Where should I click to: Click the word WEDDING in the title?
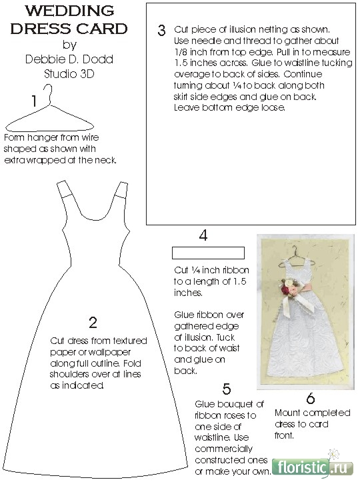click(70, 11)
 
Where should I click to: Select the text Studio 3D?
click(69, 74)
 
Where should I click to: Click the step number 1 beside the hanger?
click(34, 101)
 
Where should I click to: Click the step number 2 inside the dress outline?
click(93, 322)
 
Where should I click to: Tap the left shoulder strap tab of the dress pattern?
click(64, 189)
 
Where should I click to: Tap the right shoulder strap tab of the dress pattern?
click(121, 189)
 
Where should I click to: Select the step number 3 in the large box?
click(161, 31)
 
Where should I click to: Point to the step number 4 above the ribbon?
click(203, 235)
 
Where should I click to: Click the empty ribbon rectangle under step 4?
click(208, 253)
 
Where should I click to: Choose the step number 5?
click(227, 389)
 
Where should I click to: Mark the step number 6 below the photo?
click(311, 399)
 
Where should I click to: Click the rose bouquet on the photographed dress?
click(289, 287)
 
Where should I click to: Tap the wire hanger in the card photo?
click(297, 257)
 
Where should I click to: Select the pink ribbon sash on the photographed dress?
click(305, 288)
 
